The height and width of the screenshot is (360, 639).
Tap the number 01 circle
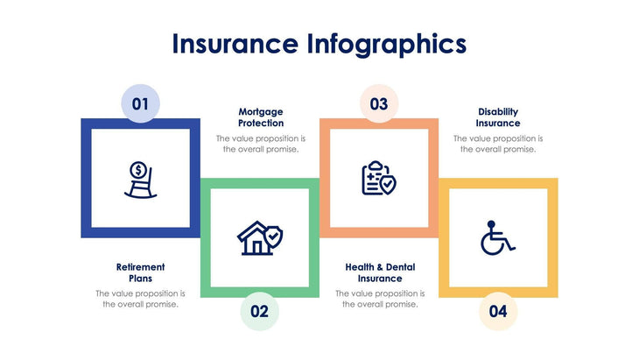[140, 104]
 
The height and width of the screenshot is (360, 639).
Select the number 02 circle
[259, 310]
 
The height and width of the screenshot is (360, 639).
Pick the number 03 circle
[378, 104]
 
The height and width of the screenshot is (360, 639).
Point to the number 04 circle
[497, 310]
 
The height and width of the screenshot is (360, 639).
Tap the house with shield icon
[260, 236]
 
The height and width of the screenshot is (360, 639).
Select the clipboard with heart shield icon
[378, 178]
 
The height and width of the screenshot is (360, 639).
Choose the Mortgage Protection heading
[261, 117]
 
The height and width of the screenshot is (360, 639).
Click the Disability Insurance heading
[498, 117]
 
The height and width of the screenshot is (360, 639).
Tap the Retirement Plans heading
[140, 272]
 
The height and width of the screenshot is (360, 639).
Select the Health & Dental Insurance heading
[379, 272]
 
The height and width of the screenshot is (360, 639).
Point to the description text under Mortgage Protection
[261, 144]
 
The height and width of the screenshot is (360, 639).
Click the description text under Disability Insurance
[498, 144]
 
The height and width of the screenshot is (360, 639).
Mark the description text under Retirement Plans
[140, 299]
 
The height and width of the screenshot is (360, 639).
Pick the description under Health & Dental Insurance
[379, 299]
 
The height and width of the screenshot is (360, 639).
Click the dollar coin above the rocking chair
[137, 168]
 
